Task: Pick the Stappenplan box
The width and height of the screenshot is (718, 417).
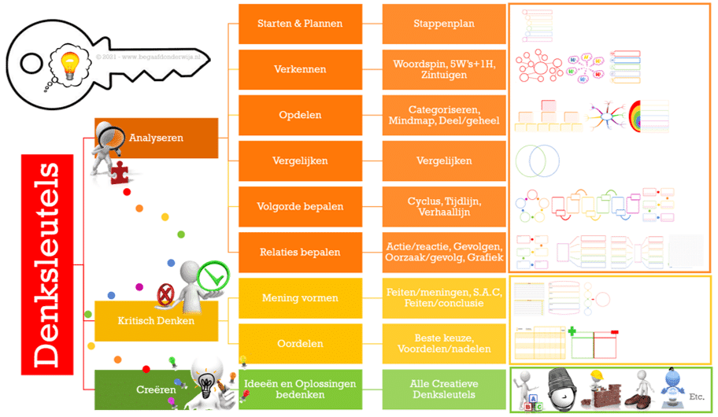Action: [444, 24]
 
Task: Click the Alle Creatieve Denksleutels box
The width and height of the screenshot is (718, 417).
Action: [444, 389]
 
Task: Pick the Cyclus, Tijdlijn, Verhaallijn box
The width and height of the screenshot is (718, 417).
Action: [444, 207]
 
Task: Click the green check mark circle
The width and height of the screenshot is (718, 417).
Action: [210, 277]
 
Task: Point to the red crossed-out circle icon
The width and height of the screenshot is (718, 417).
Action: [166, 295]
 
